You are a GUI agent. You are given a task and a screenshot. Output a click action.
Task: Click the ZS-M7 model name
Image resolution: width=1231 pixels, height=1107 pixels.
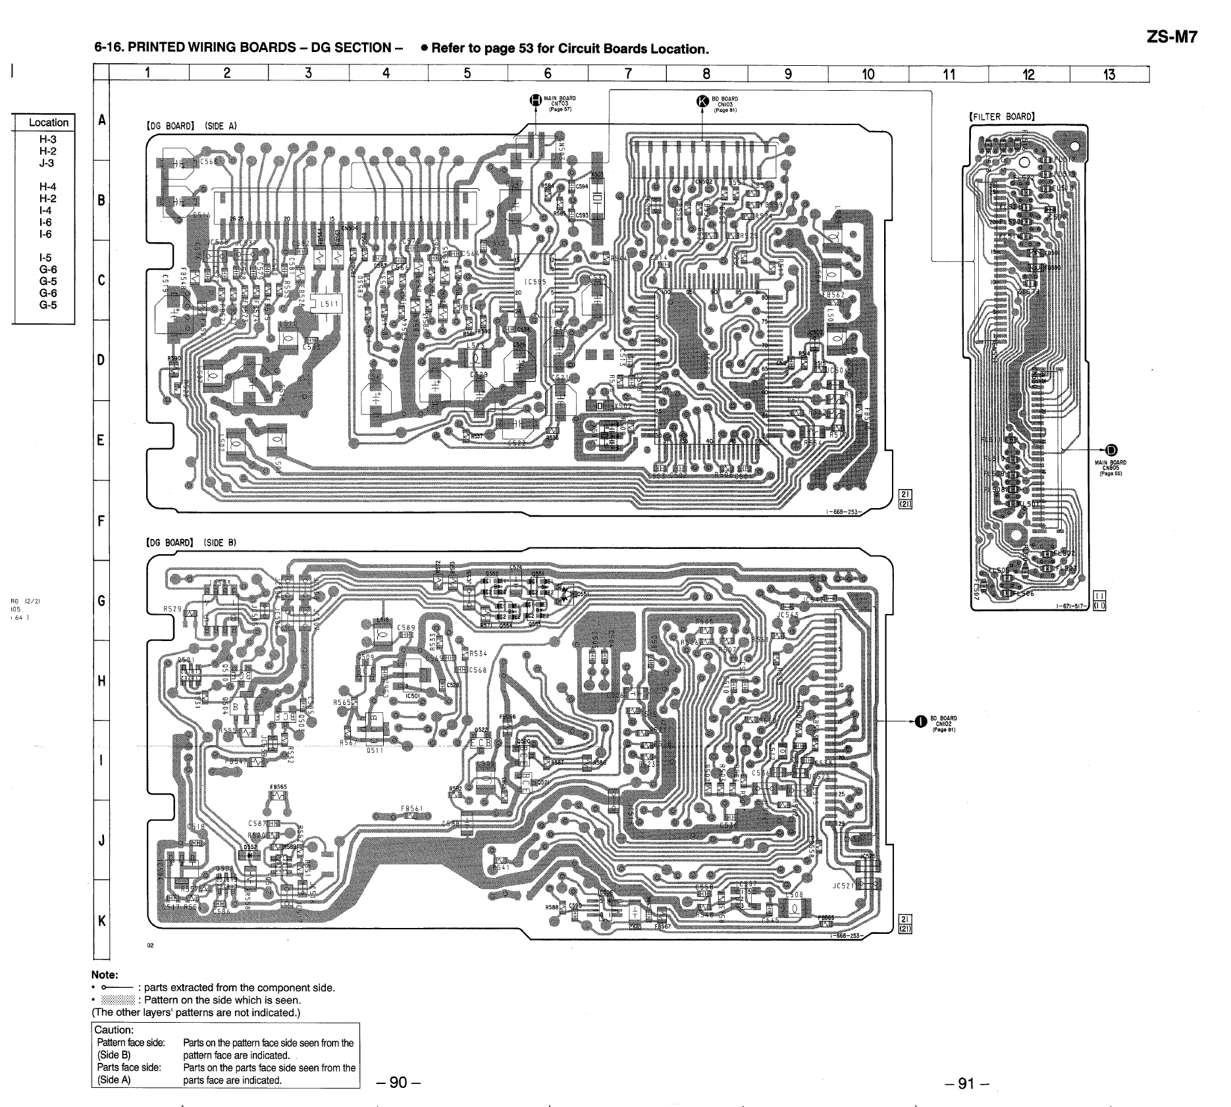click(1172, 37)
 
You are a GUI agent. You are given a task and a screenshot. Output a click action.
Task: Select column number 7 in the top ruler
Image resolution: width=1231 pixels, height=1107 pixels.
click(628, 74)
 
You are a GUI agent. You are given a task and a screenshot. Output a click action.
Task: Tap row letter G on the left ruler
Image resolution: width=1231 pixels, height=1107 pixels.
click(101, 600)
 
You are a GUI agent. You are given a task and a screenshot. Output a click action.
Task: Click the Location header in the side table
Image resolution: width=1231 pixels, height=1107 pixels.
click(48, 122)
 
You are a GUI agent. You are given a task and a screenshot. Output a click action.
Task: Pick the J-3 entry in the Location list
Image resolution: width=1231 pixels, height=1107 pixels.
click(47, 163)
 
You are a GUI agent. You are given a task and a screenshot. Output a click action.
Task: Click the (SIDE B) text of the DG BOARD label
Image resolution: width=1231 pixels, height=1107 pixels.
click(220, 543)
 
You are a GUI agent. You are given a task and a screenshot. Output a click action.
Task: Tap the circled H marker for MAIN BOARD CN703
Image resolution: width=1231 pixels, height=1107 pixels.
click(536, 100)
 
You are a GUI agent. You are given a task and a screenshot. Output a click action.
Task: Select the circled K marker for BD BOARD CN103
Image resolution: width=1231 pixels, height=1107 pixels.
click(703, 101)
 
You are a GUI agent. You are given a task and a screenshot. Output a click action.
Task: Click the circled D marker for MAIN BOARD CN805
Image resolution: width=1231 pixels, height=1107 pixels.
click(1111, 450)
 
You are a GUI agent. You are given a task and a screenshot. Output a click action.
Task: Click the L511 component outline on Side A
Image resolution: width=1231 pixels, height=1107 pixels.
click(329, 304)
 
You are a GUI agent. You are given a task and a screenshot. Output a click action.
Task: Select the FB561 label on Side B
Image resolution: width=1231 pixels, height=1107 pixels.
click(411, 809)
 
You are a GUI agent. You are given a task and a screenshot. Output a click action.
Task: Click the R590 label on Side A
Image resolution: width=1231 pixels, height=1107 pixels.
click(174, 359)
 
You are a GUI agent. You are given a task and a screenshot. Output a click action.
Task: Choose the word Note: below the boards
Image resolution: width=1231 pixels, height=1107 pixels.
click(105, 975)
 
